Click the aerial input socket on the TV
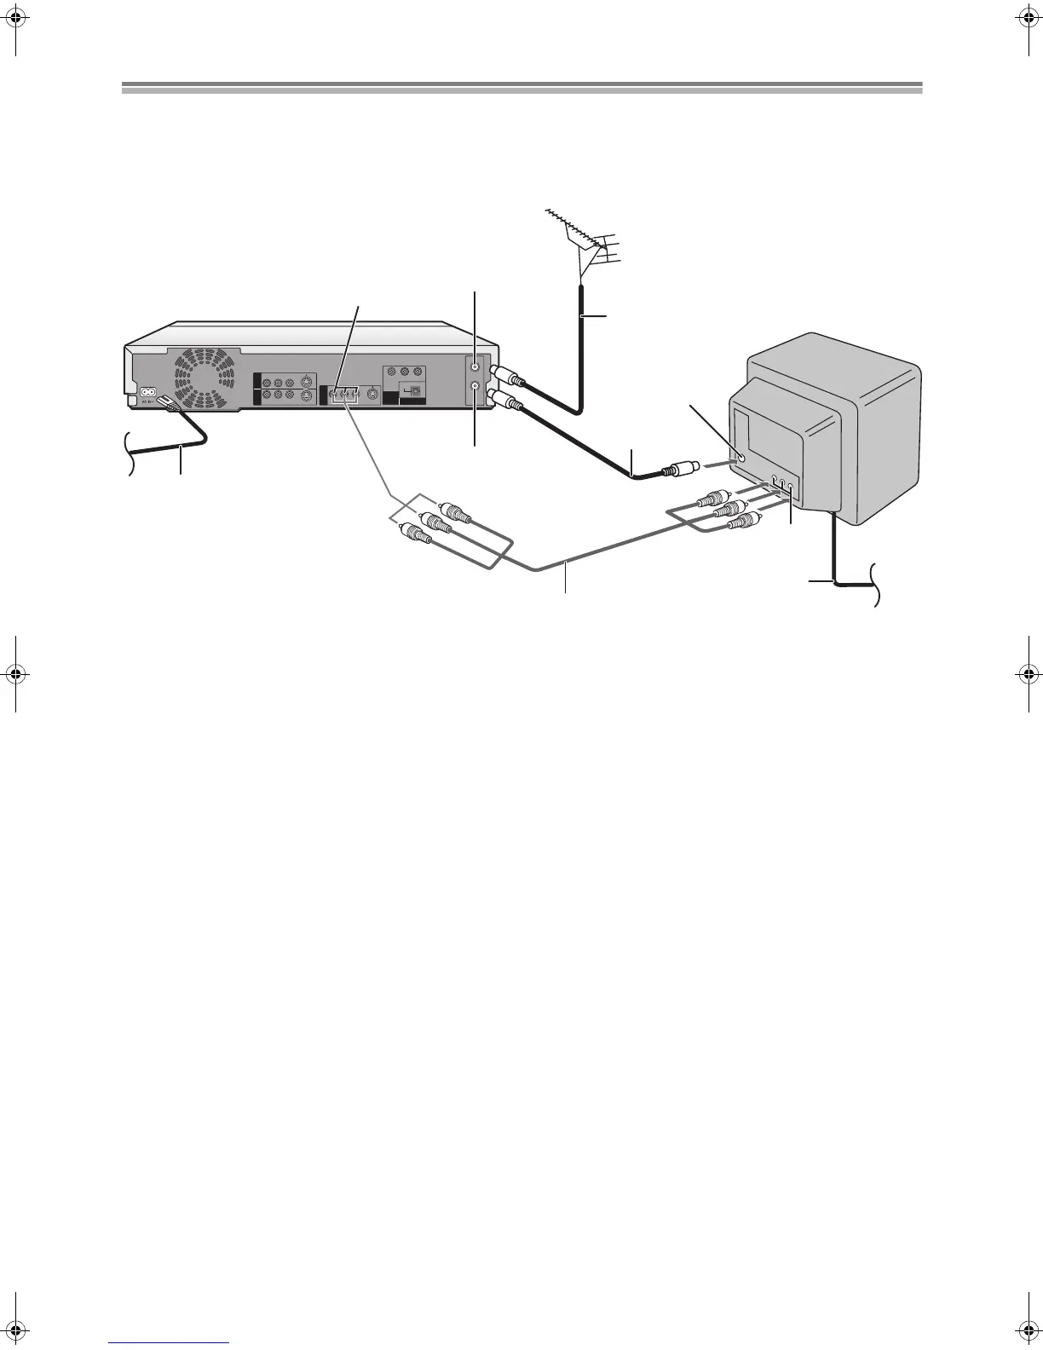pos(740,457)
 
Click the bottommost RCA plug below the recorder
pos(416,534)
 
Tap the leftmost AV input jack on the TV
pos(774,482)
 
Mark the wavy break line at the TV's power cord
pos(875,586)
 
